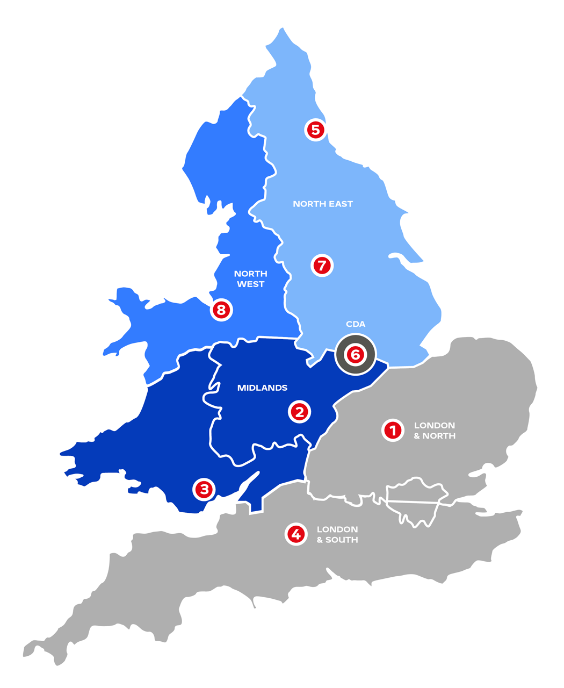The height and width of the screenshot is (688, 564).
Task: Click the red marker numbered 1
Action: point(393,430)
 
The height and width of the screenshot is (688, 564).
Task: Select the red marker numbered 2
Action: point(300,412)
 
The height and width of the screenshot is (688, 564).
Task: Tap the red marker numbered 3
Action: point(204,489)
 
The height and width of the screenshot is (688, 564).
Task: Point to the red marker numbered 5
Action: point(315,130)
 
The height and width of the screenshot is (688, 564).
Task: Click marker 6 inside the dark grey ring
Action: point(355,354)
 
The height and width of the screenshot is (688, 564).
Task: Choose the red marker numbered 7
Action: point(322,265)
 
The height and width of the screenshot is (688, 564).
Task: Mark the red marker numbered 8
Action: point(221,310)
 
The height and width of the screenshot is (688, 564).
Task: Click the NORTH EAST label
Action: point(323,204)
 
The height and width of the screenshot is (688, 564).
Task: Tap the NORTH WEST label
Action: point(250,279)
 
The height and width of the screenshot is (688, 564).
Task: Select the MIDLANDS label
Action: point(262,388)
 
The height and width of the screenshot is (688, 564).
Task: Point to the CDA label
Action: point(356,324)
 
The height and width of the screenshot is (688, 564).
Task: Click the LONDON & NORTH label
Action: point(435,431)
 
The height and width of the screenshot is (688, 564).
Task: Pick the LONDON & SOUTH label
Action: point(337,534)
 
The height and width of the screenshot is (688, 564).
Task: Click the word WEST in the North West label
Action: point(250,284)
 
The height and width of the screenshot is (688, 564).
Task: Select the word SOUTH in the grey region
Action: point(342,540)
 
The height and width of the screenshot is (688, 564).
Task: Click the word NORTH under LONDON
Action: point(439,436)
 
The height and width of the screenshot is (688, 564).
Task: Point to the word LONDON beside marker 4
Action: point(337,529)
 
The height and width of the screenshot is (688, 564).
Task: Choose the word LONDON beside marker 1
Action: point(435,426)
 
